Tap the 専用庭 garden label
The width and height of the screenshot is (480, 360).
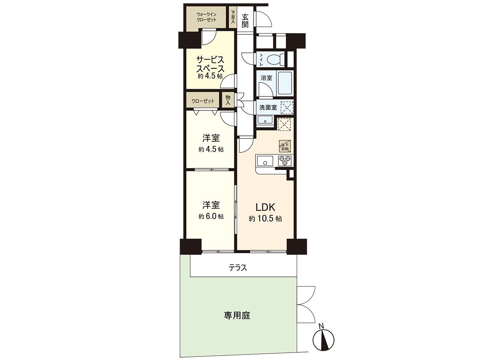tap(237, 316)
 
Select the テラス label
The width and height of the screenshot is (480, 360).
tap(238, 268)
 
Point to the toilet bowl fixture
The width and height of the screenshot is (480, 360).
tap(275, 60)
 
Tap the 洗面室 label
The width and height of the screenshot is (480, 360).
tap(268, 107)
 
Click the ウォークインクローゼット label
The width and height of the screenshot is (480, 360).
tap(206, 17)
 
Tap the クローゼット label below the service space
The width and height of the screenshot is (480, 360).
tap(203, 101)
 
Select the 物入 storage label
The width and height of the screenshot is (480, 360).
tap(228, 100)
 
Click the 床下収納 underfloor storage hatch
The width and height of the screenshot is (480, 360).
tap(284, 146)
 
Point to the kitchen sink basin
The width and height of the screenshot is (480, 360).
tap(264, 162)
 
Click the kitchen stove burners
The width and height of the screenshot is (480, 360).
tap(285, 161)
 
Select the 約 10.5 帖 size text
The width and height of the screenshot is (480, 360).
tap(266, 219)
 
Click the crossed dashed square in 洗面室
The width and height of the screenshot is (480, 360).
tap(287, 107)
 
